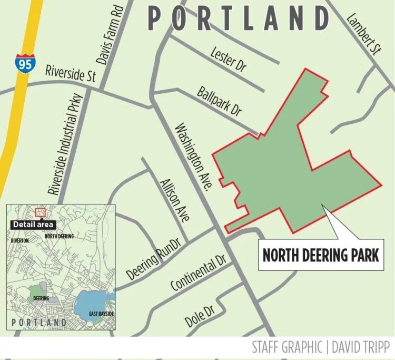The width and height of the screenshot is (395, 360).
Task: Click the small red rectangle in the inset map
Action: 40,212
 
